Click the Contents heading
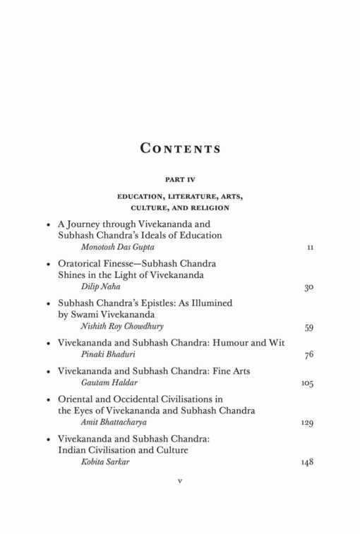(x=179, y=149)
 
